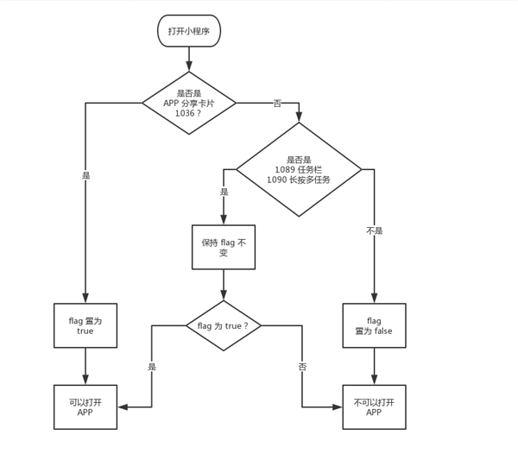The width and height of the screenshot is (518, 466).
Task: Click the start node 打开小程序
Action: (x=188, y=31)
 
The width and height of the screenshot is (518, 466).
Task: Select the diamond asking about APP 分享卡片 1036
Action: (x=188, y=103)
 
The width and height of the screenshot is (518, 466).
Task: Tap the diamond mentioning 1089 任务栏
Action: (x=299, y=169)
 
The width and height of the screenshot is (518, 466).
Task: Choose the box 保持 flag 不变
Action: (x=224, y=248)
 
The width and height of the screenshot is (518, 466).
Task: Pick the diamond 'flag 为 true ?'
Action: (x=224, y=325)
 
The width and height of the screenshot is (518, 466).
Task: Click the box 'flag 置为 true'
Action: (x=85, y=325)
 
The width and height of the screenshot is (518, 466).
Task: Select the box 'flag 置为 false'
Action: (x=374, y=325)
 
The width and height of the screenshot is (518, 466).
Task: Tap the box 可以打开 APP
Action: (x=85, y=406)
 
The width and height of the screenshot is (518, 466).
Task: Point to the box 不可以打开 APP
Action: (x=374, y=406)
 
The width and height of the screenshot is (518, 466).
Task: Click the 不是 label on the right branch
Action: (x=374, y=230)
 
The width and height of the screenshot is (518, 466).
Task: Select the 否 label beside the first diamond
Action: (x=277, y=104)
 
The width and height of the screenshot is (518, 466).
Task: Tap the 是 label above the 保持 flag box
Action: (x=224, y=192)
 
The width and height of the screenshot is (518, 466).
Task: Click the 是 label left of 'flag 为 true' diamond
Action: (x=152, y=366)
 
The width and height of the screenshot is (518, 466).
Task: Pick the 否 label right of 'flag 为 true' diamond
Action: (x=302, y=366)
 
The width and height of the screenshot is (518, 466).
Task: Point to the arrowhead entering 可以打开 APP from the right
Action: (x=123, y=406)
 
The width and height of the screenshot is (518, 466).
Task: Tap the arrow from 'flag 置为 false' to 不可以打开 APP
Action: (x=374, y=366)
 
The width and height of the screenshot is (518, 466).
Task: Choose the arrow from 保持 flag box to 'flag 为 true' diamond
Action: (x=224, y=285)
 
